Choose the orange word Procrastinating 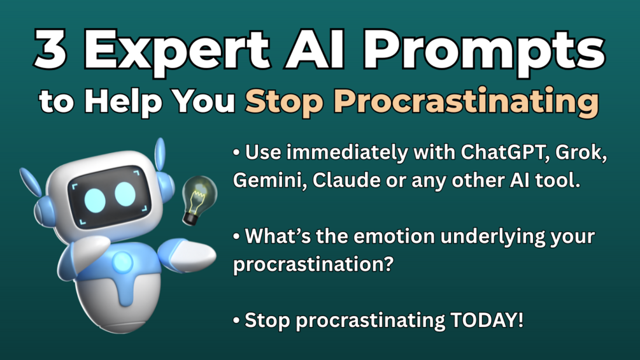pyautogui.click(x=466, y=102)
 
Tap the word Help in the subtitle pyautogui.click(x=124, y=101)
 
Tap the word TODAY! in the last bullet pyautogui.click(x=487, y=320)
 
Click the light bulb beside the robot pyautogui.click(x=199, y=200)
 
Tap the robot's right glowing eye pyautogui.click(x=125, y=194)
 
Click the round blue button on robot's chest pyautogui.click(x=122, y=262)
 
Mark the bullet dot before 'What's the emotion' pyautogui.click(x=236, y=237)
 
